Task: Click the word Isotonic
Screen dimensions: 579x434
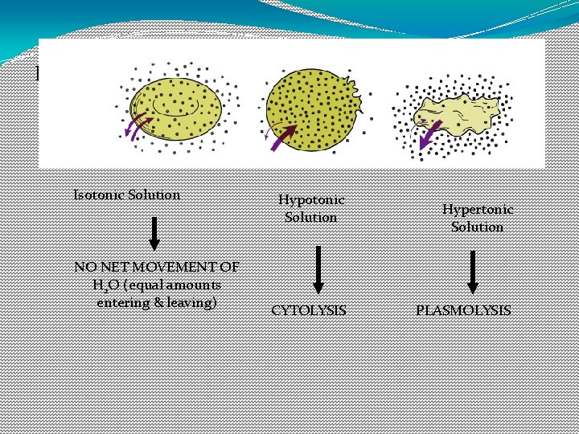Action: coord(99,194)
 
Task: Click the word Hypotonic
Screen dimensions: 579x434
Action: coord(311,200)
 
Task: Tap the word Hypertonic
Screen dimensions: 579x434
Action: coord(478,209)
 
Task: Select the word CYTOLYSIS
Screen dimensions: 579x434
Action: coord(309,309)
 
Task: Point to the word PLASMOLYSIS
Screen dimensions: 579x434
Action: coord(463,309)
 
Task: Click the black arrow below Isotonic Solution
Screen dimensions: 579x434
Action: coord(155,234)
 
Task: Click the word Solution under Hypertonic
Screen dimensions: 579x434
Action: coord(477,227)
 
